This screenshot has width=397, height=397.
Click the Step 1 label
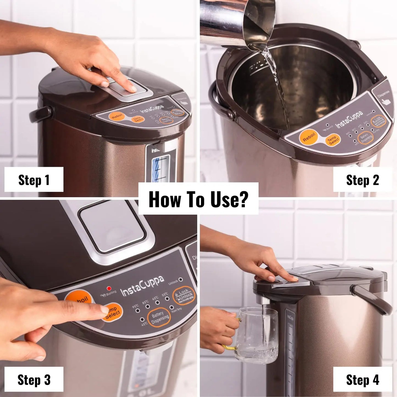[34, 180]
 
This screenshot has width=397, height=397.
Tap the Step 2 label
[362, 180]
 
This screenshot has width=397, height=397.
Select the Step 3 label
[34, 380]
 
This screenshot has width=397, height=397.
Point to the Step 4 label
[362, 380]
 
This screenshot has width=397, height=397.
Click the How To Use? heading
[198, 199]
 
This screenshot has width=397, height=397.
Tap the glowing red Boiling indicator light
[109, 288]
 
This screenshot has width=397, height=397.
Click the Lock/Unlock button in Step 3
[184, 296]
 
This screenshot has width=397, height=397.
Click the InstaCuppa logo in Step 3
[142, 287]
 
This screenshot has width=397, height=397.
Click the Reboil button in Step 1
[117, 116]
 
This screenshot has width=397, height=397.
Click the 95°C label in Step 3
[135, 306]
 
